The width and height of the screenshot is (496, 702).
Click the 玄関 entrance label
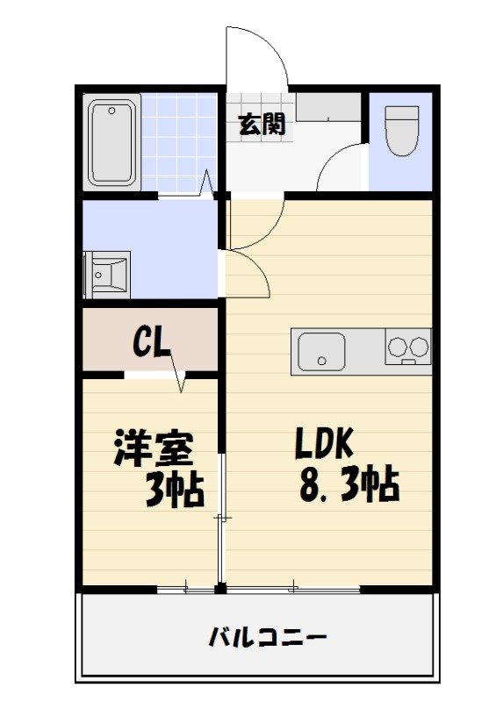[262, 125]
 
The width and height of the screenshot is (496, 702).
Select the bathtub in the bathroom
[113, 142]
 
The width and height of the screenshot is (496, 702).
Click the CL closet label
[151, 341]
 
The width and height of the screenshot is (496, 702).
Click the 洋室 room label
[153, 449]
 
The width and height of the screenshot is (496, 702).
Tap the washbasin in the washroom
[106, 275]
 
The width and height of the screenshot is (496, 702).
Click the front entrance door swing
[257, 57]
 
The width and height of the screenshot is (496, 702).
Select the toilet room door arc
[338, 167]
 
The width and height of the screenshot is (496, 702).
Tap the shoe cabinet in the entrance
[328, 107]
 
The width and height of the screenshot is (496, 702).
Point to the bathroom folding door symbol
[207, 183]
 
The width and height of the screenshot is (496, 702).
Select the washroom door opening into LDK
[247, 272]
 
